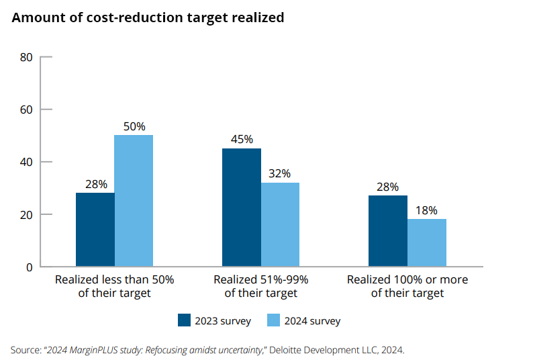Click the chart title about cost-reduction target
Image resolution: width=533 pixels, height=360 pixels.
coord(148,18)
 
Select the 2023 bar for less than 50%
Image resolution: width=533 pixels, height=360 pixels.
coord(95,230)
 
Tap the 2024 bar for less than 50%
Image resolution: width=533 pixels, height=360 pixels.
coord(134,201)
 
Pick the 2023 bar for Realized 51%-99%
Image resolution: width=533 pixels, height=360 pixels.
coord(242,208)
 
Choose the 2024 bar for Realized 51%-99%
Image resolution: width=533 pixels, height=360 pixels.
coord(280,224)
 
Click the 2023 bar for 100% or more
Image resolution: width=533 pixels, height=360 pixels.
coord(388,231)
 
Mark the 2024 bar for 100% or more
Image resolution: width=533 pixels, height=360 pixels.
coord(427,242)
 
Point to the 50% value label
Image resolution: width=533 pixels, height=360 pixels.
coord(134,126)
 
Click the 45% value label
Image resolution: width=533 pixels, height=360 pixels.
coord(242,140)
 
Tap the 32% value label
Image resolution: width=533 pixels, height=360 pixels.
coord(280,173)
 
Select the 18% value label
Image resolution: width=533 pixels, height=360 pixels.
coord(427,210)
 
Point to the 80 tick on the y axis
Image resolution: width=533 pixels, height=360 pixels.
coord(27,57)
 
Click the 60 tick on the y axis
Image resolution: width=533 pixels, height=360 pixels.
coord(27,109)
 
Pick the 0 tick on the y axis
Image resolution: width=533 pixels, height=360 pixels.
coord(30,267)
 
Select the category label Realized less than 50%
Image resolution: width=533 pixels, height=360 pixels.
coord(114,285)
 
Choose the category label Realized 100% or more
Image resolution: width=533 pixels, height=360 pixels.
coord(407,285)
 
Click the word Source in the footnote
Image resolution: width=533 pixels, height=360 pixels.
coord(25,350)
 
